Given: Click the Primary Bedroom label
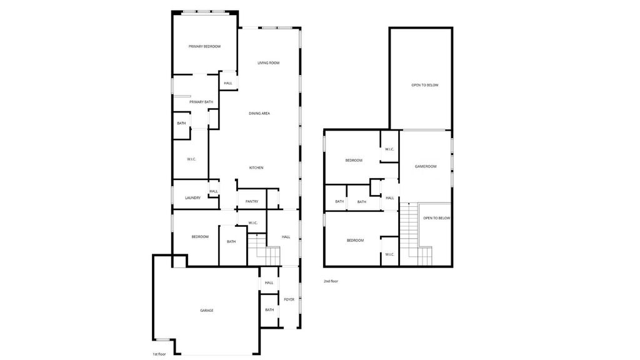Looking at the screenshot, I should coord(205,46).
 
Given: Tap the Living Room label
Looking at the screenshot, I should coord(268,63).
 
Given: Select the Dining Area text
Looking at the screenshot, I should coord(259,113).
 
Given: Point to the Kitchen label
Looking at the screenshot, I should coord(256,167).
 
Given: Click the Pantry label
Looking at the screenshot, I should coord(252,201).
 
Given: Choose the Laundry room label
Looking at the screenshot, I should coord(192,198).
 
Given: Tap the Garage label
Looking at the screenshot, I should coord(206,310).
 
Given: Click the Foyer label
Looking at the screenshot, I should coord(289,299).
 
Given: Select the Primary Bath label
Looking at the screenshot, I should coord(201,102).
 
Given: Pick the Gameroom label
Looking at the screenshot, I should coord(426,166).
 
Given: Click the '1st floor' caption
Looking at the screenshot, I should coord(159,354).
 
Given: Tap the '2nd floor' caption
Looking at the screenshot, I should coord(331,281).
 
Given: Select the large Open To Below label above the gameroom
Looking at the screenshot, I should coord(424,85).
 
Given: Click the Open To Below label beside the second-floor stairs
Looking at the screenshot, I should coord(436,218).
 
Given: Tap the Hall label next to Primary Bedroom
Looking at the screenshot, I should coord(228,83).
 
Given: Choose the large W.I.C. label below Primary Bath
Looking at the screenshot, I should coord(191,159).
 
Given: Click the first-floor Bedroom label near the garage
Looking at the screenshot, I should coord(200,237).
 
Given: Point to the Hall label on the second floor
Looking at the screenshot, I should coord(389,198).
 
